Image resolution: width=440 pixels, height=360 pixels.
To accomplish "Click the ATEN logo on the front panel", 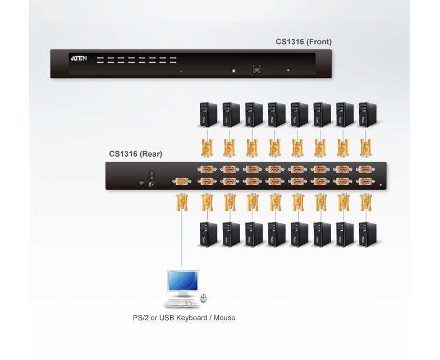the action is click(79, 58).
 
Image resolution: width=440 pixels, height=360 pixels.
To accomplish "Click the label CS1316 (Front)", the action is click(304, 42).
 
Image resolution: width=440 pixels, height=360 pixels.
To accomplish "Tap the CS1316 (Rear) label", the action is click(136, 154).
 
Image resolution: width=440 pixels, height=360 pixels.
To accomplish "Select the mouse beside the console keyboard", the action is click(204, 298).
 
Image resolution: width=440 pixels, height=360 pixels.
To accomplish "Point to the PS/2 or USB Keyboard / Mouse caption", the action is click(184, 318).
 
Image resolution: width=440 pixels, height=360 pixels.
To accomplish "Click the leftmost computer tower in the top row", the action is click(208, 115).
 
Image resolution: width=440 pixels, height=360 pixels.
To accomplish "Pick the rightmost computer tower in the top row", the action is click(367, 115).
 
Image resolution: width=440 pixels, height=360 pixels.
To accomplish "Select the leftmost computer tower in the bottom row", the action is click(208, 235).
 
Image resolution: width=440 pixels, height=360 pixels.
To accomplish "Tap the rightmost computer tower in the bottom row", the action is click(367, 235).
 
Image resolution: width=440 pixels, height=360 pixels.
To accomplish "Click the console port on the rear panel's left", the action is click(182, 182).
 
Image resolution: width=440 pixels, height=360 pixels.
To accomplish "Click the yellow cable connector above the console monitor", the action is click(182, 202).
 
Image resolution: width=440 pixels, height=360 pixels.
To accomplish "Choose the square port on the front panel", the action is click(256, 69).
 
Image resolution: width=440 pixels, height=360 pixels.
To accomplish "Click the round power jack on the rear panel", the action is click(141, 183).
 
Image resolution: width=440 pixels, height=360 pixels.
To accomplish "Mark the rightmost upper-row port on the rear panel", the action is click(365, 170).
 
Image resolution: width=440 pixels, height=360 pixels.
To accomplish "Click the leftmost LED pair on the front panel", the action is click(100, 60).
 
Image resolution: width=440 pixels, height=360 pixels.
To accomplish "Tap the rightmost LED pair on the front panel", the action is click(173, 60).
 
